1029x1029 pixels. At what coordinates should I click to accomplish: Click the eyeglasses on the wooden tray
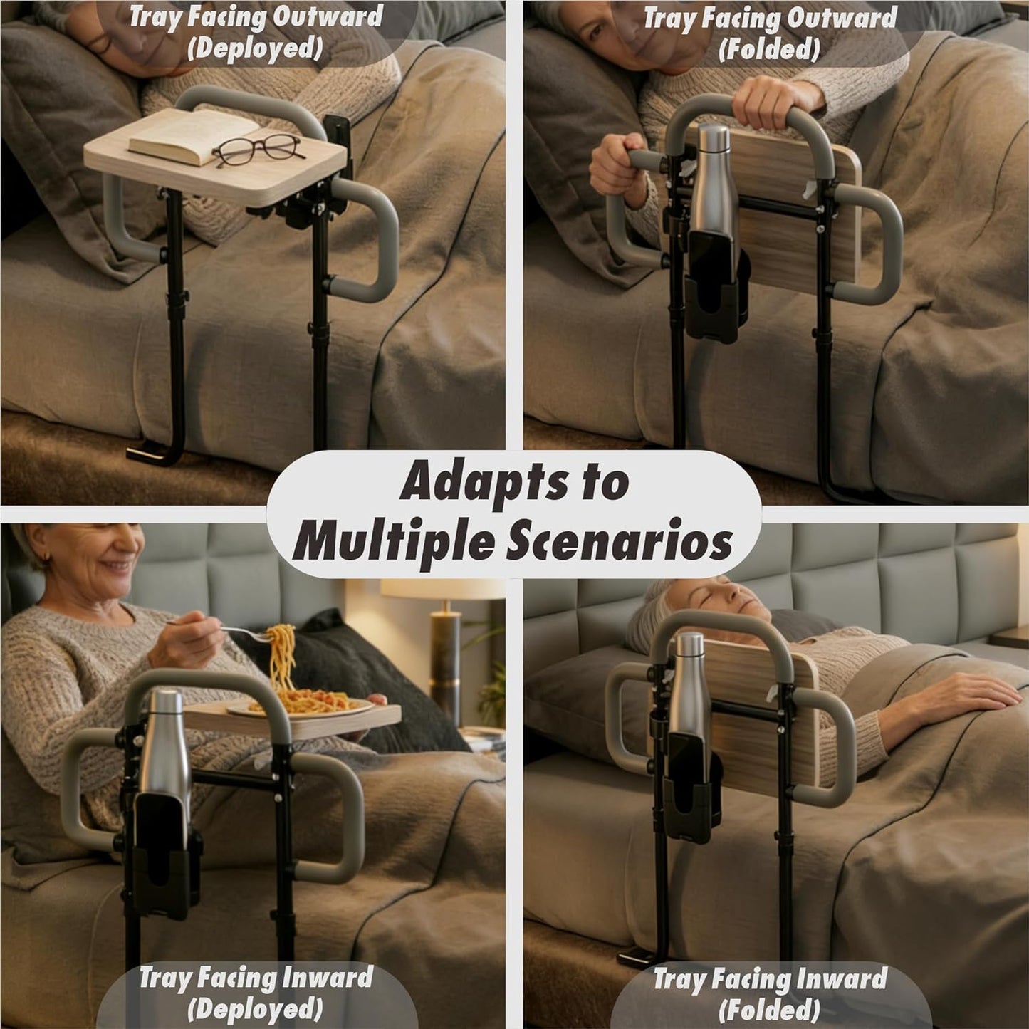(x=256, y=150)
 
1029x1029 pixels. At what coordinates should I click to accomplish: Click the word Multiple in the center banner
(x=392, y=543)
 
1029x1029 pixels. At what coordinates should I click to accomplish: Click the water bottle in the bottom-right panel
(x=688, y=684)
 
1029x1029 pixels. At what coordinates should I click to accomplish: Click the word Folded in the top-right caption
(x=769, y=50)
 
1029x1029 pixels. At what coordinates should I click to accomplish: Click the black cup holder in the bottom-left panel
(x=164, y=855)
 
